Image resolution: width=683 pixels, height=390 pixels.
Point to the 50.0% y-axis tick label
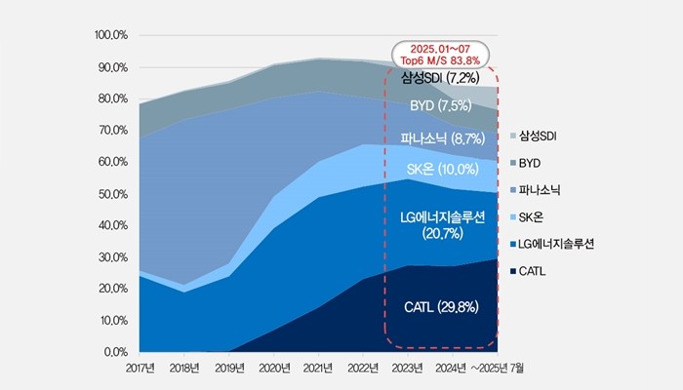pos(113,194)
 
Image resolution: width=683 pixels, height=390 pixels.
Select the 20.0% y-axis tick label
pos(113,289)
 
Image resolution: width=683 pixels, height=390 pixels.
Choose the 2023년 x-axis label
pos(408,369)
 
